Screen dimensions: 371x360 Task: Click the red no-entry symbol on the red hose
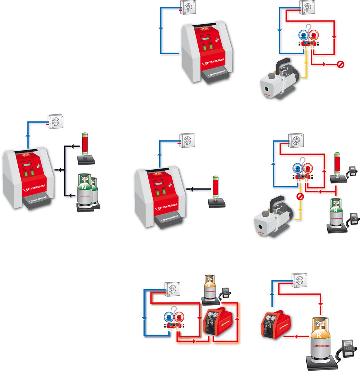(x=340, y=64)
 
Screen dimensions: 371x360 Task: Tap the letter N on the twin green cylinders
(x=84, y=188)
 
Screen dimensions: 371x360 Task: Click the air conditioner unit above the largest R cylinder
(x=299, y=280)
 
